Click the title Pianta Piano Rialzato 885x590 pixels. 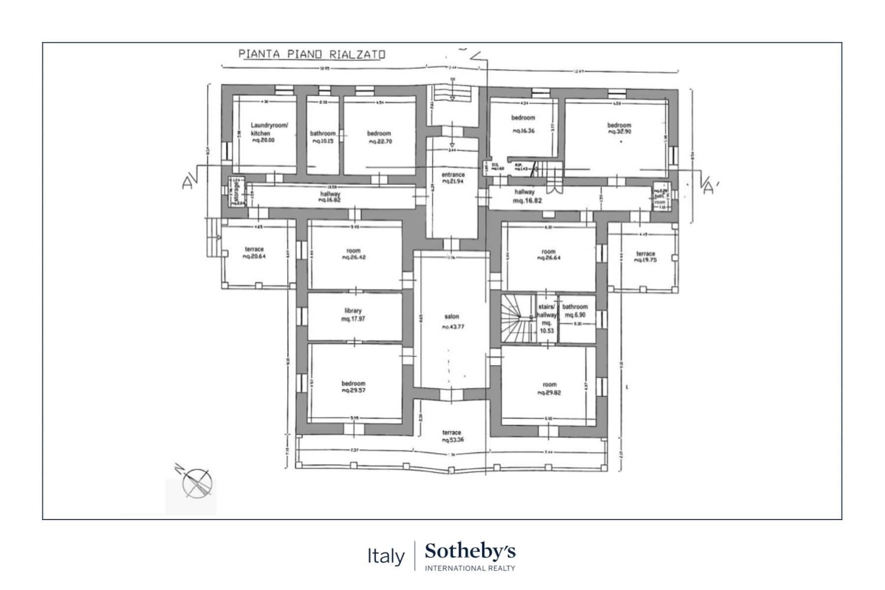312,54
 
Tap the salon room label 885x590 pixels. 451,317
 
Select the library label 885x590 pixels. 353,311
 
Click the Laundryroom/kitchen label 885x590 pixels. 269,129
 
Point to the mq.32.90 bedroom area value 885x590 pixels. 619,132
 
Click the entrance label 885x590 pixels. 453,175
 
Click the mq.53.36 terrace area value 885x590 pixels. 452,440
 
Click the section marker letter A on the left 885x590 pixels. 187,183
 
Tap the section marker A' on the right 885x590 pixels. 708,188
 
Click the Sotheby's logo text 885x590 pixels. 470,552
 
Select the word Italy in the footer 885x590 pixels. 386,556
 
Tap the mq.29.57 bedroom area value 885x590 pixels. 354,390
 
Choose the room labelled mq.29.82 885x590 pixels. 549,388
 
